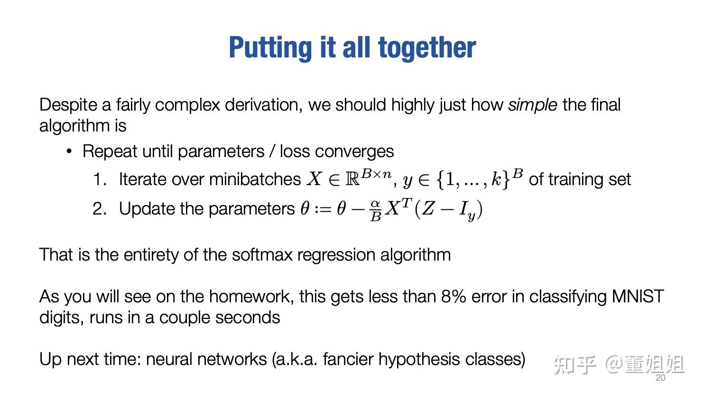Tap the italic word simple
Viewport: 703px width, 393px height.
tap(532, 105)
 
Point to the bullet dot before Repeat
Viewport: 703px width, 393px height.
tap(69, 151)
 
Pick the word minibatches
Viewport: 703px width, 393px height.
tap(255, 179)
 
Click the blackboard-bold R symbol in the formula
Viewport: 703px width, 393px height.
tap(352, 179)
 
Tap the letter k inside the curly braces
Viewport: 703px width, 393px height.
tap(496, 179)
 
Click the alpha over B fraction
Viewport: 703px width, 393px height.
tap(375, 210)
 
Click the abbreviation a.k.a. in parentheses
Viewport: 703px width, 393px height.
tap(296, 359)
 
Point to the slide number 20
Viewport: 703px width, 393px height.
tap(660, 378)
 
